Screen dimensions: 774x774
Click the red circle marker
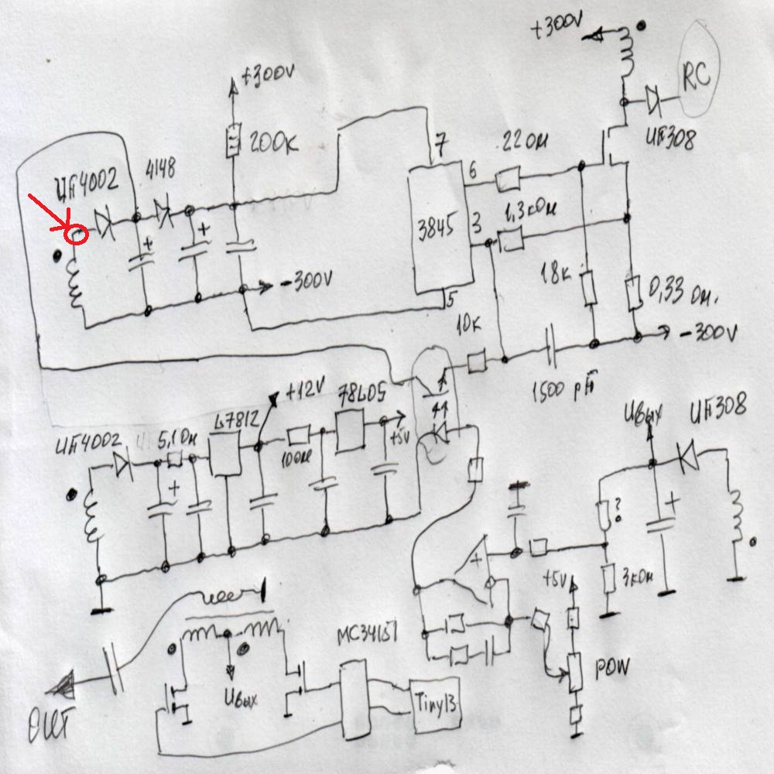point(76,233)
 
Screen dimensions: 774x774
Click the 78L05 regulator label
point(364,398)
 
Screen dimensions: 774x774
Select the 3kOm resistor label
point(635,577)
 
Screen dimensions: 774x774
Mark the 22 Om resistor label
point(526,143)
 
